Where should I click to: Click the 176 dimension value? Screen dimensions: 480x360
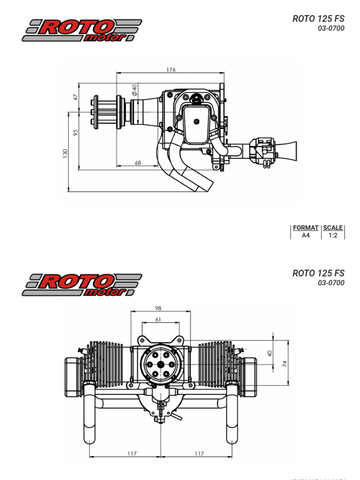click(171, 70)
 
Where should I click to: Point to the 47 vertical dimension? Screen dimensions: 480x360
click(75, 97)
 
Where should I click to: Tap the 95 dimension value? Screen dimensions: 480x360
click(75, 133)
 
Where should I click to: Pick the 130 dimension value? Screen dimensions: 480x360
click(66, 153)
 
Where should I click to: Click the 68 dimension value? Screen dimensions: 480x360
click(138, 163)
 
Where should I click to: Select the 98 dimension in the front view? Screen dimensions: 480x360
click(158, 308)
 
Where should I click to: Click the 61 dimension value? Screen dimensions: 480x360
click(158, 319)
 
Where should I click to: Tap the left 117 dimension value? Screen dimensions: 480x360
click(132, 453)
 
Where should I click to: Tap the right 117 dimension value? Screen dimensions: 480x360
click(199, 453)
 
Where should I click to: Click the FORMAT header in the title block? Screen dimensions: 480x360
click(306, 228)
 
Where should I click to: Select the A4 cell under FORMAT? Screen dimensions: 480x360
click(306, 235)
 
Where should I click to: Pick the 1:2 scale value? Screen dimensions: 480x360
click(333, 235)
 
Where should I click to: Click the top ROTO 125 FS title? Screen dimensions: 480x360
click(318, 19)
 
